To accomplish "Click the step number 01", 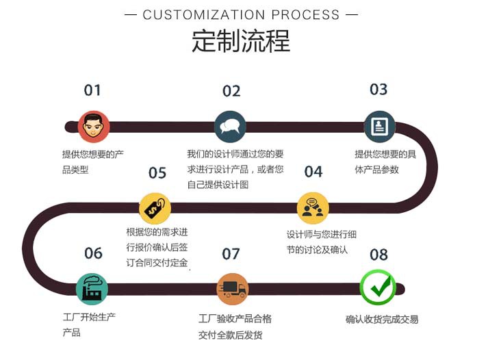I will pos(92,90).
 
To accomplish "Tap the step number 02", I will pos(231,91).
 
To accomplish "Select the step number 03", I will pos(378,90).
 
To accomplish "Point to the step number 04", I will pos(313,172).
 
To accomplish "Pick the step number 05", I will pos(157,172).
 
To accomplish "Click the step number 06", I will pos(93,253).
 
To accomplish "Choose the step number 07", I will pos(231,254).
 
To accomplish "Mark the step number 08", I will pos(378,255).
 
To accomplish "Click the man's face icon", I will pos(93,127).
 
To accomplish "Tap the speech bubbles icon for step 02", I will pos(230,127).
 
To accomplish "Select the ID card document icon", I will pos(379,127).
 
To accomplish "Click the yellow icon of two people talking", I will pos(313,208).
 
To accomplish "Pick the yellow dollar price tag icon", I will pos(155,208).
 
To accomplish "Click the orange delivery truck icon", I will pos(232,289).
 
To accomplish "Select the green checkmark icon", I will pos(378,287).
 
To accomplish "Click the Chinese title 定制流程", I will pos(241,41).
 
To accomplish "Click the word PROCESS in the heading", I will pos(306,14).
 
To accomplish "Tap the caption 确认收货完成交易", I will pos(382,320).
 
